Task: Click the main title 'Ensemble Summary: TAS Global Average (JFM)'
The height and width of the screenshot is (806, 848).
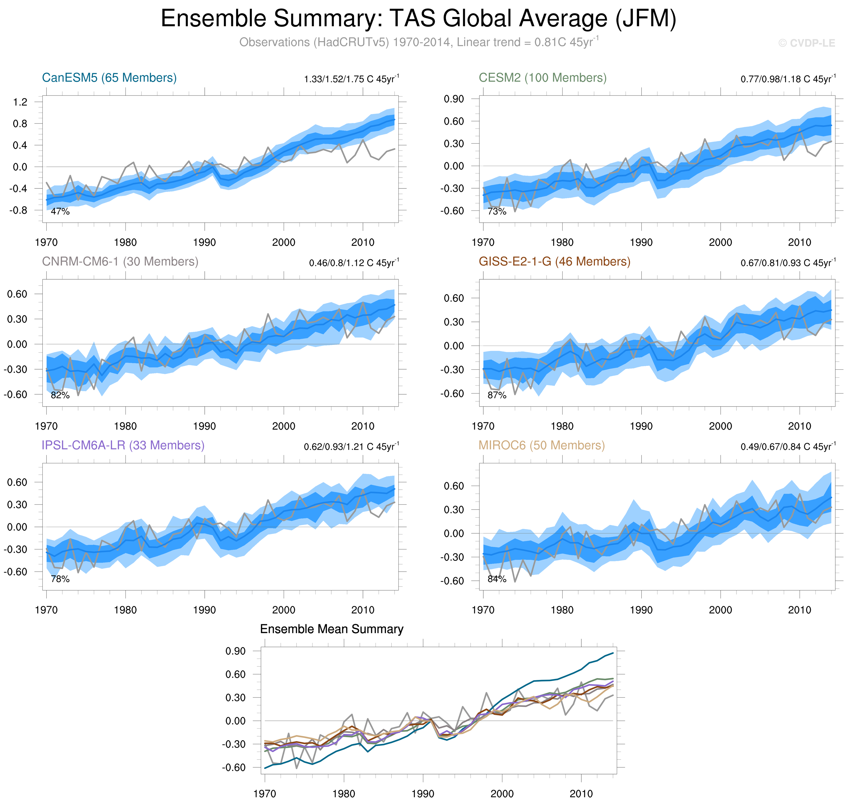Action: tap(418, 19)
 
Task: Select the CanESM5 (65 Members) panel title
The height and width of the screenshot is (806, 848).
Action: tap(109, 78)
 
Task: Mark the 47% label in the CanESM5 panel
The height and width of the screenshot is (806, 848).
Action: tap(60, 211)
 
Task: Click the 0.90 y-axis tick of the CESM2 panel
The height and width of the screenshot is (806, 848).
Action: tap(454, 99)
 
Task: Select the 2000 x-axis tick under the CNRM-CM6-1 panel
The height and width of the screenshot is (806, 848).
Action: tap(283, 426)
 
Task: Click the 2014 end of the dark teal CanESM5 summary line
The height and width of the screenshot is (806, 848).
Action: tap(613, 653)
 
